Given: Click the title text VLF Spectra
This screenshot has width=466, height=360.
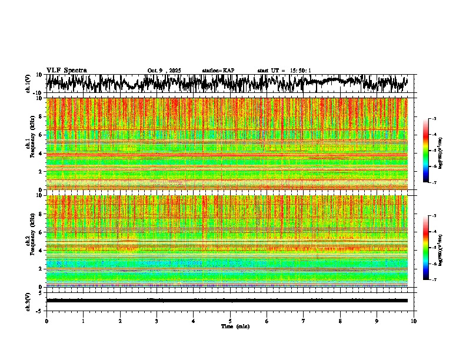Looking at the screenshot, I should [66, 70].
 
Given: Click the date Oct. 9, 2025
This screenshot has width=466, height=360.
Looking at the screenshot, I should [164, 71].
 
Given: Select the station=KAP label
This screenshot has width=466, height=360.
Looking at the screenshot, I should [218, 71].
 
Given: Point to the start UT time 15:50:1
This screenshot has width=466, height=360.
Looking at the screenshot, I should [284, 71].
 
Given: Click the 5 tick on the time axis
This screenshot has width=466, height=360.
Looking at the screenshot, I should [230, 321].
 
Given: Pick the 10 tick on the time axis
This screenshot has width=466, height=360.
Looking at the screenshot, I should [414, 321].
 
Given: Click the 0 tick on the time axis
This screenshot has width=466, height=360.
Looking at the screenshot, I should [46, 321].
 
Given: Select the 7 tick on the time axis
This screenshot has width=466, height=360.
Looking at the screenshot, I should [304, 321].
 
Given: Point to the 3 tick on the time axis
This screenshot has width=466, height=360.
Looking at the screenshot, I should [157, 321].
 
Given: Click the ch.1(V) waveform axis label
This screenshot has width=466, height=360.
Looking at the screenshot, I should [28, 84].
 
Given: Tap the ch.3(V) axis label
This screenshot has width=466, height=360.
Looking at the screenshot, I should [28, 301].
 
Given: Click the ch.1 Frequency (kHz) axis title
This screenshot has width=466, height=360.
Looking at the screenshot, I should [31, 144].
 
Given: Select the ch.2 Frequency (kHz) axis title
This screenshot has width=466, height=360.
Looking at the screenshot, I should [31, 241].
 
